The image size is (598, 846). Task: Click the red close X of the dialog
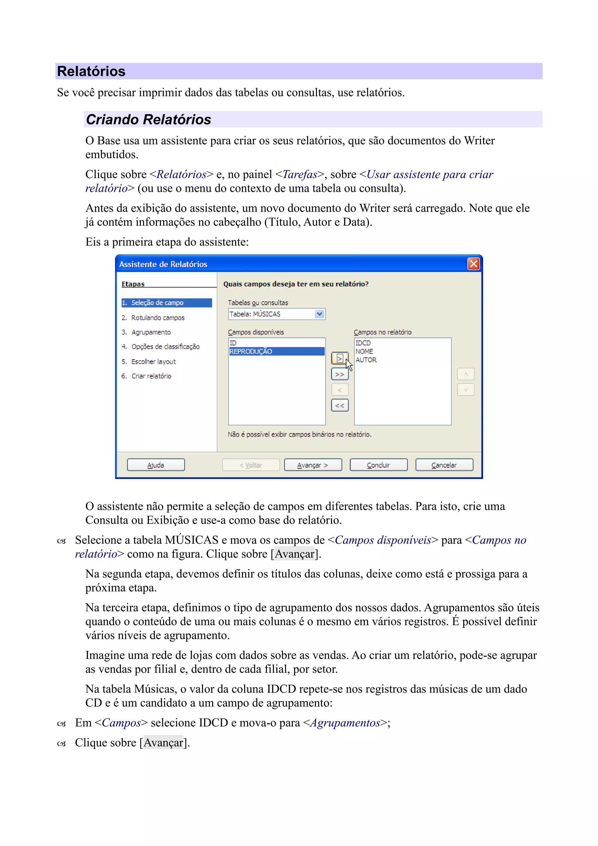tap(473, 264)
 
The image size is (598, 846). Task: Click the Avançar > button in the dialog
tap(313, 465)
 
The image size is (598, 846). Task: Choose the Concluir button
tap(378, 465)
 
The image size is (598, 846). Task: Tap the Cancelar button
tap(444, 465)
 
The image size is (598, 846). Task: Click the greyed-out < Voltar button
tap(251, 465)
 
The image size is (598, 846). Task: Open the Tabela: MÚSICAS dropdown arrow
tap(319, 314)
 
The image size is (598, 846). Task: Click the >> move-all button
tap(340, 374)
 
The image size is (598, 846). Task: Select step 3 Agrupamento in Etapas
tap(151, 332)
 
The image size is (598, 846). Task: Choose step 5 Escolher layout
tap(153, 362)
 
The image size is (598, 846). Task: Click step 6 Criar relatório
tap(151, 376)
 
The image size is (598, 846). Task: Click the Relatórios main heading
tap(91, 71)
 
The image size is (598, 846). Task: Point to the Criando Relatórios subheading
tap(149, 119)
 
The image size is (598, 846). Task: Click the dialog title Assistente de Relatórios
tap(163, 264)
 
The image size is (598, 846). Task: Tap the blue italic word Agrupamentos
tap(345, 722)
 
